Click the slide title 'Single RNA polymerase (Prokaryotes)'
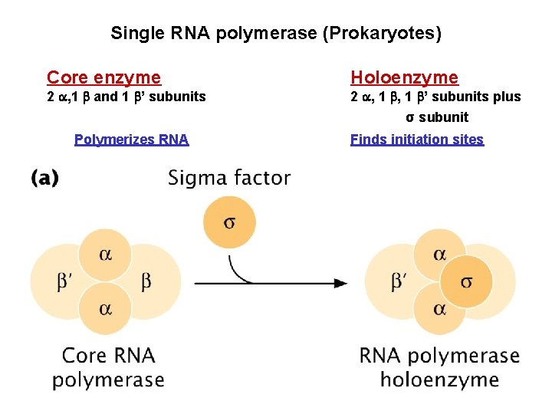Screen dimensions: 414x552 (x=276, y=33)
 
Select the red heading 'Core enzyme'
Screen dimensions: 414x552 (x=104, y=77)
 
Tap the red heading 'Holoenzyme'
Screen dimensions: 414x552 (x=404, y=77)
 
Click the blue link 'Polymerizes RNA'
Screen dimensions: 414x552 (x=131, y=140)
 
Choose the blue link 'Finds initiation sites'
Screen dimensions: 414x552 (x=417, y=140)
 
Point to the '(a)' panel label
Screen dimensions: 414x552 (x=45, y=178)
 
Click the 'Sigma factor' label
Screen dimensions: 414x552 (x=229, y=179)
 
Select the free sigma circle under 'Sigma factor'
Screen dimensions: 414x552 (x=228, y=222)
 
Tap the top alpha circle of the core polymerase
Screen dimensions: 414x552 (x=105, y=254)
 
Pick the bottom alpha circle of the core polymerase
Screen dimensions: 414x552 (x=105, y=308)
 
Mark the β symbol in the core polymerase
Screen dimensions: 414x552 (x=146, y=281)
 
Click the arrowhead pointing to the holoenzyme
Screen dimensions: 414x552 (x=340, y=283)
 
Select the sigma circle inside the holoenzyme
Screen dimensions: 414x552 (x=466, y=282)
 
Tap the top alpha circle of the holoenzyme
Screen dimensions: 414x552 (x=439, y=254)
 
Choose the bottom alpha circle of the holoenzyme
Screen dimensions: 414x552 (x=439, y=308)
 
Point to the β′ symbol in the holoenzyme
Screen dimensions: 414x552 (x=400, y=282)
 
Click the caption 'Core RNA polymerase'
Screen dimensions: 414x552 (x=108, y=367)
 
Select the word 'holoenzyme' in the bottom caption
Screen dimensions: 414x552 (x=439, y=379)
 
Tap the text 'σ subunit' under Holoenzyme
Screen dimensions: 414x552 (x=437, y=117)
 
